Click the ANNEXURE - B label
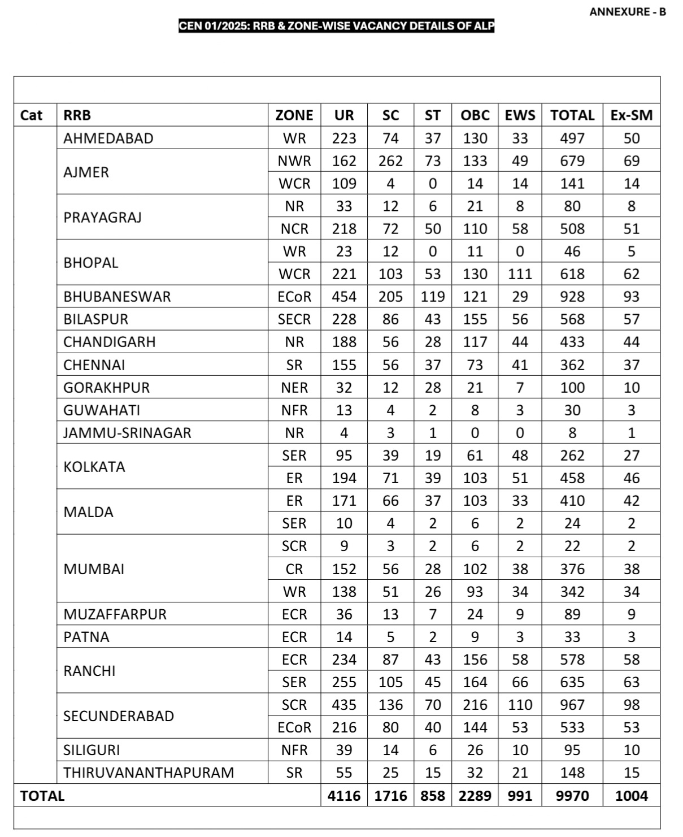[x=627, y=12]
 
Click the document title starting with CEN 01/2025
[x=336, y=26]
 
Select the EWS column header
[x=520, y=115]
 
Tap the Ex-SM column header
[x=631, y=115]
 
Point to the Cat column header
[x=31, y=115]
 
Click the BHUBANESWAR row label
[x=117, y=297]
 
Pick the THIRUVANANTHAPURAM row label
[x=149, y=773]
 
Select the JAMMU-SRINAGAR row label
[x=127, y=433]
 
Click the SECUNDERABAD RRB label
[x=119, y=716]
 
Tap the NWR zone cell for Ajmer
[x=294, y=161]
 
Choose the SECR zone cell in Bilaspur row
[x=294, y=319]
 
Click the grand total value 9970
[x=572, y=796]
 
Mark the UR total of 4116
[x=343, y=796]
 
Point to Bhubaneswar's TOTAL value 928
[x=572, y=297]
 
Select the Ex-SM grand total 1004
[x=631, y=796]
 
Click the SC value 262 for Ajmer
[x=390, y=161]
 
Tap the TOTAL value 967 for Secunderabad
[x=572, y=705]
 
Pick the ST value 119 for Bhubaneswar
[x=433, y=297]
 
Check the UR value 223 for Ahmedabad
[x=343, y=138]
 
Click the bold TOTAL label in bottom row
[x=42, y=796]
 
